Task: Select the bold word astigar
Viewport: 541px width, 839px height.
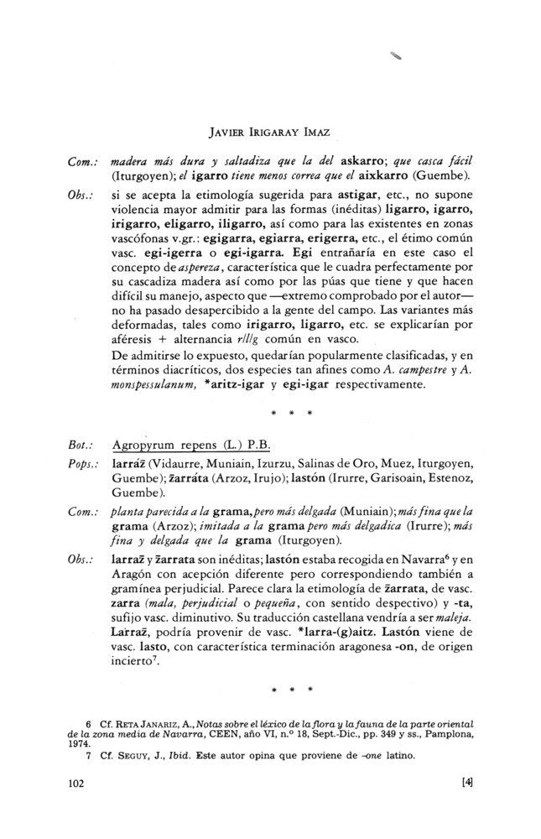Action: [363, 195]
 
